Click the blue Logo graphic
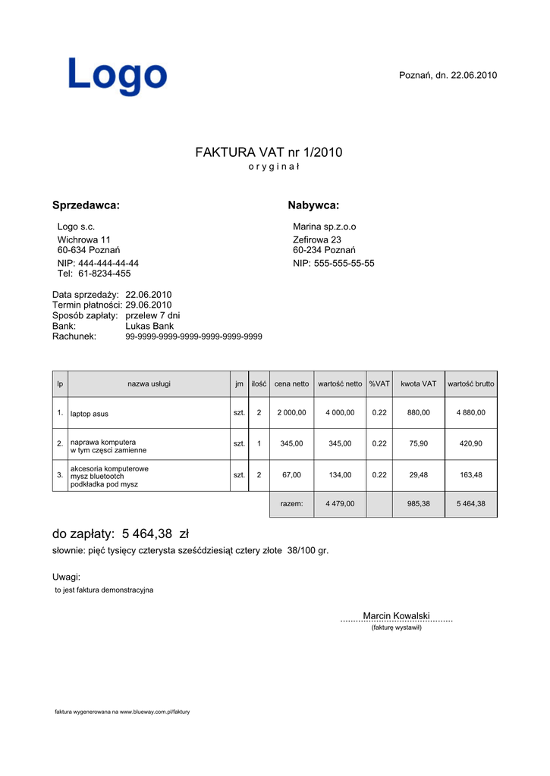click(118, 77)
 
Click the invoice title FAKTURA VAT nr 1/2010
click(269, 152)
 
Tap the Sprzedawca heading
click(86, 205)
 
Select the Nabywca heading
click(313, 205)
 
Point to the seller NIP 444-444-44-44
click(98, 264)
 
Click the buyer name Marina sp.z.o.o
click(324, 227)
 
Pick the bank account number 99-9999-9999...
click(193, 336)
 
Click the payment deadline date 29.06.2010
click(149, 305)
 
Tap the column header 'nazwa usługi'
click(149, 384)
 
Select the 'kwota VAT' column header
click(418, 384)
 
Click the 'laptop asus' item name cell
click(90, 414)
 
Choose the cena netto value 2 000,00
click(291, 413)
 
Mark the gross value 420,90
click(470, 444)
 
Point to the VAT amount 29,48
click(418, 475)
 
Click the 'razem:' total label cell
click(291, 504)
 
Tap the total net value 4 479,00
click(339, 504)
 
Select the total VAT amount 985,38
click(418, 504)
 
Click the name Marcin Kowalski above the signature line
click(396, 615)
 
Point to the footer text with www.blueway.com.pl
click(122, 712)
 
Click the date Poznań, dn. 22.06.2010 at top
click(448, 75)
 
